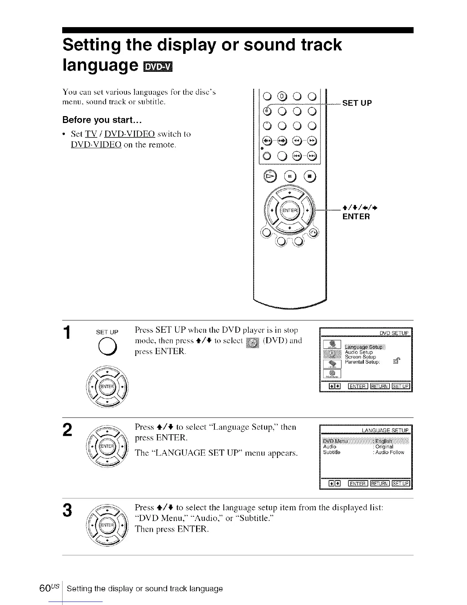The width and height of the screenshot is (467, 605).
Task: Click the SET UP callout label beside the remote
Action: tap(357, 103)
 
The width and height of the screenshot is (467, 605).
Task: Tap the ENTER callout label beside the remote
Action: tap(356, 217)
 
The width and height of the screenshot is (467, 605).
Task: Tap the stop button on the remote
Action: tap(309, 176)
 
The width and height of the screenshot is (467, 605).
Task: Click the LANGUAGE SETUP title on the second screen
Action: tap(385, 430)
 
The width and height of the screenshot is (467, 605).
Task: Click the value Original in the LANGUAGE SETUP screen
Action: tap(384, 447)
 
